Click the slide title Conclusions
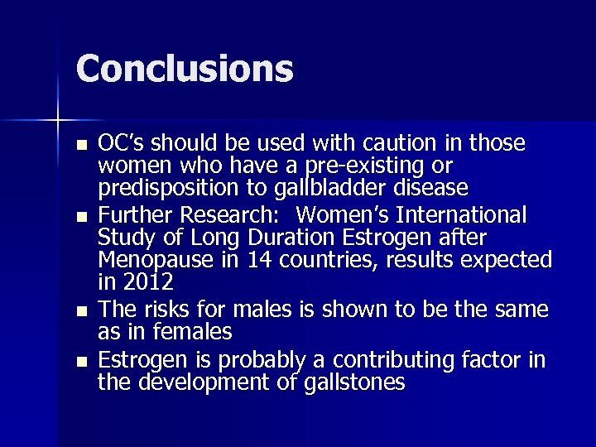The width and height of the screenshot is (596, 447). pos(185,69)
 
